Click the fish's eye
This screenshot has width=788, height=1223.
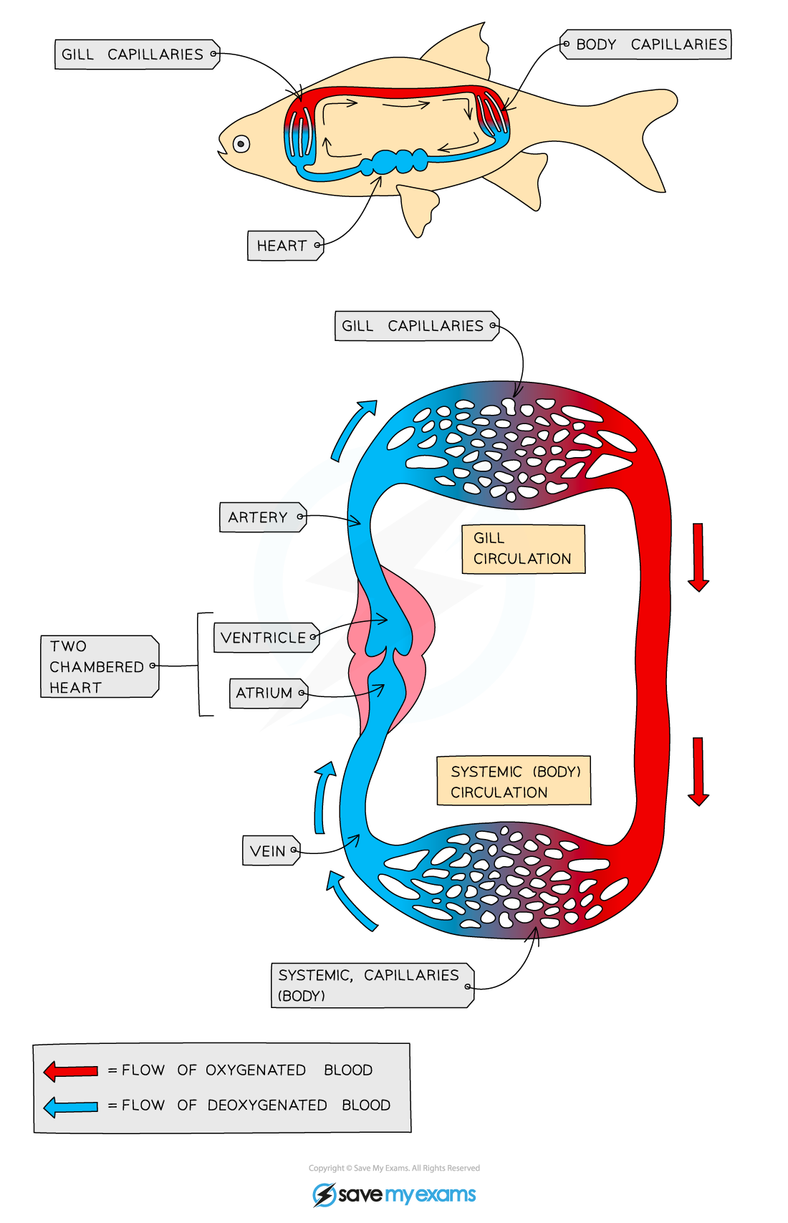point(241,144)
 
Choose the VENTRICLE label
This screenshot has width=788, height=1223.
point(266,638)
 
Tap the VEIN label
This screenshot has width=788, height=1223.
point(270,851)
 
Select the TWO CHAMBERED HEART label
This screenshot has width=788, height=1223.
point(98,666)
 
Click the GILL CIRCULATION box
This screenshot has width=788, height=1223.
point(523,549)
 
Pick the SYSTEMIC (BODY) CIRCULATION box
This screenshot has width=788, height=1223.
point(514,781)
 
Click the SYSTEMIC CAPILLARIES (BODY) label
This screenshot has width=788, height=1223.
point(371,985)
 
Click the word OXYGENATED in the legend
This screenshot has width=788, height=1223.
point(255,1070)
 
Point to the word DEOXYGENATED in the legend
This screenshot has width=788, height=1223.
point(266,1106)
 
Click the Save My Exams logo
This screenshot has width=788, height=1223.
point(394,1194)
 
